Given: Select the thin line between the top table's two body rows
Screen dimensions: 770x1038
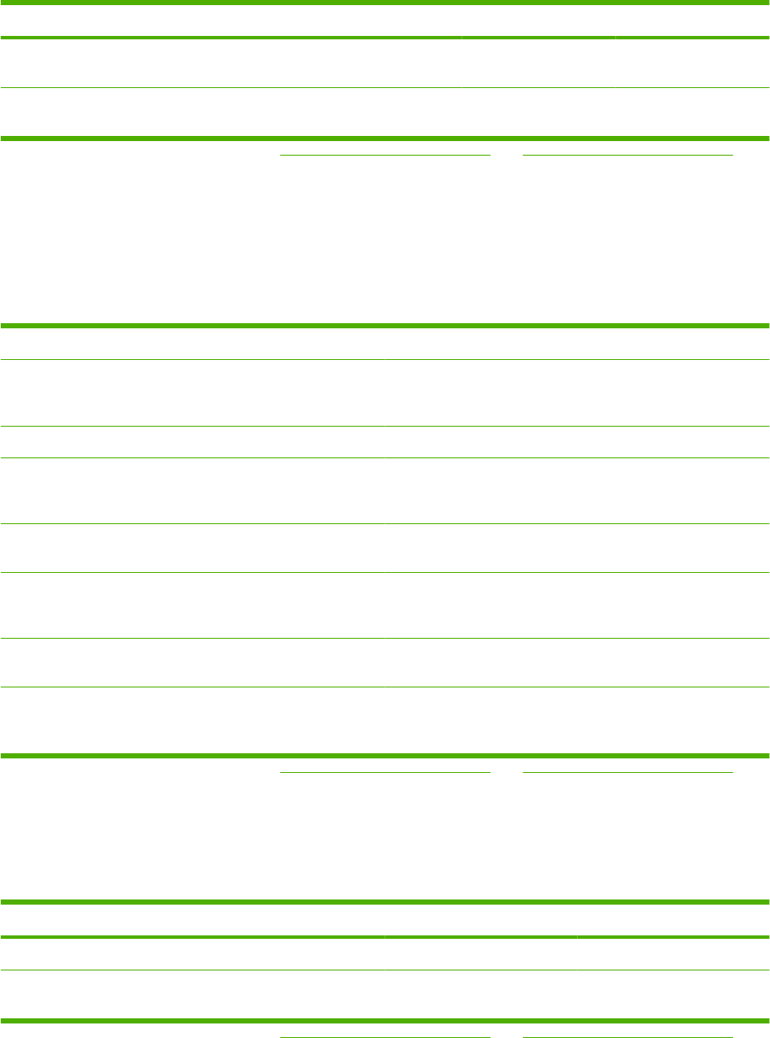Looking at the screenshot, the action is (x=385, y=87).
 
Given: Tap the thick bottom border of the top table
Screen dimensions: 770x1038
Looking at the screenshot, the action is (x=385, y=138).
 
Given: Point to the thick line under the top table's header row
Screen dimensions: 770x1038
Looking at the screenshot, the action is (x=385, y=38).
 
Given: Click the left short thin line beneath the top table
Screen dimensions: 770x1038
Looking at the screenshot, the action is (x=385, y=155).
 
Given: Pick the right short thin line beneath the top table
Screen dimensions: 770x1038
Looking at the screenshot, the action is (x=627, y=155).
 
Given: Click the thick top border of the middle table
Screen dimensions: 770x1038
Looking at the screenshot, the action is (x=385, y=326).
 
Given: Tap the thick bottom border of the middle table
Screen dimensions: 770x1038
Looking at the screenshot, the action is (x=385, y=756).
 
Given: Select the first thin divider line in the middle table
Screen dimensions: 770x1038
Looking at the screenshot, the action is (x=385, y=360).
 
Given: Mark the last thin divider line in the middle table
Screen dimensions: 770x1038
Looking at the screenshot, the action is (x=385, y=687).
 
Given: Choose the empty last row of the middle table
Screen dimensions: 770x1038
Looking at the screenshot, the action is (x=385, y=720).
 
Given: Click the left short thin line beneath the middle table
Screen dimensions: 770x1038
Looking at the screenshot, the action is (x=385, y=772).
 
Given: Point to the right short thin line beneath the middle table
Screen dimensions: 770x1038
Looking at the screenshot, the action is (x=627, y=772).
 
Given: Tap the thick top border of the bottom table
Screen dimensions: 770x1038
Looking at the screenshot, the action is (x=385, y=902).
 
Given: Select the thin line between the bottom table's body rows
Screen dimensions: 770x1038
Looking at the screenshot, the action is (x=385, y=970).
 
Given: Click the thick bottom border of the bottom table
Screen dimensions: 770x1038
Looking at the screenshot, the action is (x=385, y=1020).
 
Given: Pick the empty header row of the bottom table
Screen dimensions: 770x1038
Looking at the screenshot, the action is (x=385, y=920).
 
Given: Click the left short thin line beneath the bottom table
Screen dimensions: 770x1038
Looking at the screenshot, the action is (x=385, y=1036).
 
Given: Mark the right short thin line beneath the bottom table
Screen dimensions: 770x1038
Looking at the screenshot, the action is (x=627, y=1036).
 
